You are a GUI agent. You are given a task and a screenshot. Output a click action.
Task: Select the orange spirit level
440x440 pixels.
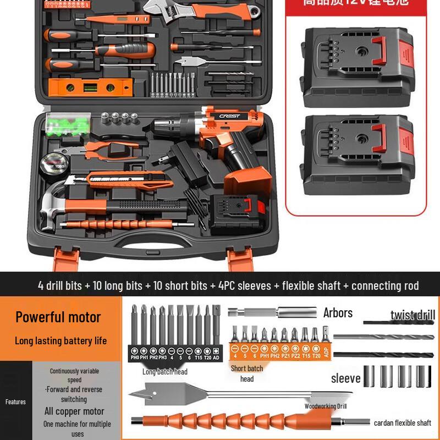tap(90, 86)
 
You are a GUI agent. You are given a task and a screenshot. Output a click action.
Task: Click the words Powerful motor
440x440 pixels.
tap(58, 317)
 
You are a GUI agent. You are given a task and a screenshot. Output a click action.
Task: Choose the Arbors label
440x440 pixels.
tap(338, 313)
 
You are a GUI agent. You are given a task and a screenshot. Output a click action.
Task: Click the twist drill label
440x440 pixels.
tap(413, 315)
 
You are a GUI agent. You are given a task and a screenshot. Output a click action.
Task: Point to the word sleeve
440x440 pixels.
tap(345, 378)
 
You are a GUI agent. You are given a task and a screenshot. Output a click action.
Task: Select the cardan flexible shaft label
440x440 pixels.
tap(402, 423)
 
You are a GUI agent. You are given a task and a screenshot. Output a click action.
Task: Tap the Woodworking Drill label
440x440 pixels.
tap(326, 406)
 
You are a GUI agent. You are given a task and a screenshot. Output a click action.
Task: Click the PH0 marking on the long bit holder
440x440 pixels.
tap(135, 357)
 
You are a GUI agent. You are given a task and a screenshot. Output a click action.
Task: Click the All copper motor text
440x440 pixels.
tap(74, 411)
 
